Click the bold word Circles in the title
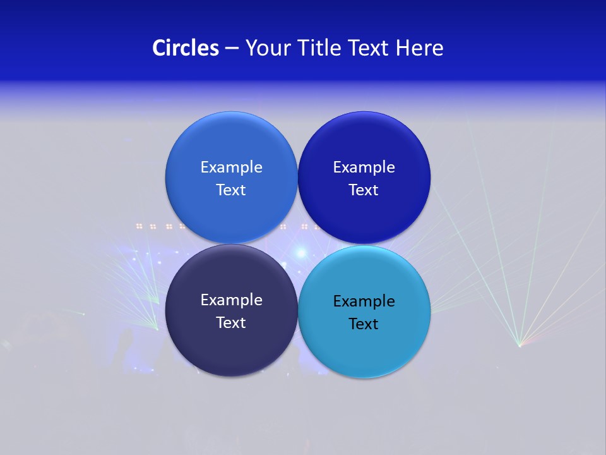185,48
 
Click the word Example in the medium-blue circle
231,167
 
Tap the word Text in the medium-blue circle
231,190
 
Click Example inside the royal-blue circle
364,167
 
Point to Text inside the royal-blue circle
364,190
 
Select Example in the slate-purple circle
231,300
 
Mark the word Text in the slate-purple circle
231,323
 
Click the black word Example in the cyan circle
364,301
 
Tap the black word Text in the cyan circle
364,324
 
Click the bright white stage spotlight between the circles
301,252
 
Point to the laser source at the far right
520,345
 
